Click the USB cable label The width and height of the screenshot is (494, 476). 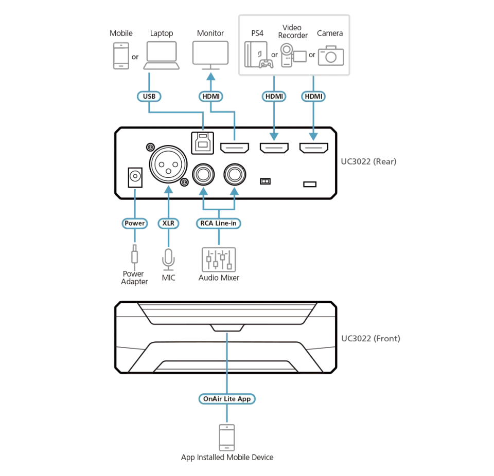click(x=149, y=96)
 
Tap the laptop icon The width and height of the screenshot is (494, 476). click(x=162, y=56)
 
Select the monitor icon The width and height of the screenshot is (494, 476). click(x=210, y=56)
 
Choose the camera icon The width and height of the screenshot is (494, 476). click(x=331, y=56)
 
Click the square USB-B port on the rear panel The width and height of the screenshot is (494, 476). click(x=203, y=143)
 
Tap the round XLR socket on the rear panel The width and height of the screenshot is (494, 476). click(x=168, y=164)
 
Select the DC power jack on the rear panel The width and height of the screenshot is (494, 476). click(x=135, y=177)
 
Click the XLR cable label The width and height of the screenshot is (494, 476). click(x=168, y=223)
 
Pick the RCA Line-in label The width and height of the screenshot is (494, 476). click(x=219, y=223)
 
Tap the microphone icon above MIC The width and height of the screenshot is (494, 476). click(x=169, y=260)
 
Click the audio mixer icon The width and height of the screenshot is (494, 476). click(x=219, y=260)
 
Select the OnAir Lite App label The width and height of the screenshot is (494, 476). click(x=227, y=399)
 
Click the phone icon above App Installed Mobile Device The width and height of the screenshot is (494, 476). click(x=227, y=437)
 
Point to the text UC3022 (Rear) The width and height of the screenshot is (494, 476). click(x=368, y=161)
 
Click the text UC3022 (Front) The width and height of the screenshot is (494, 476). click(x=371, y=338)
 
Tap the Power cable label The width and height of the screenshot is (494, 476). click(x=134, y=223)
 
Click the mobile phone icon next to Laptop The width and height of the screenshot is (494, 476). click(x=121, y=56)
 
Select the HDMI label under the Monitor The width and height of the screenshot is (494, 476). click(x=211, y=96)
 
